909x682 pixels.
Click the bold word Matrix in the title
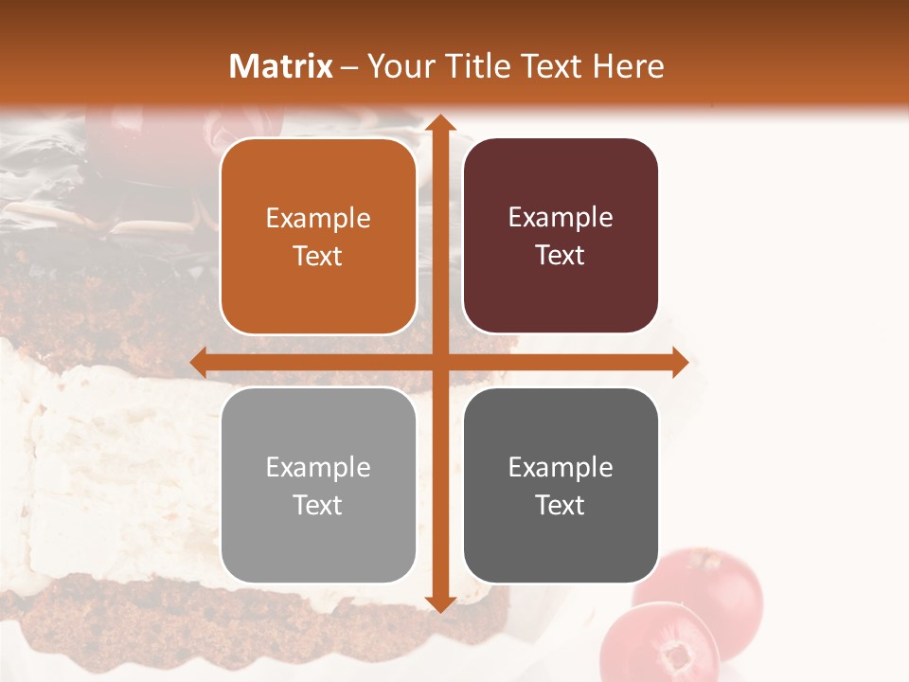pos(281,66)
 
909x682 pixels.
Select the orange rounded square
pos(318,237)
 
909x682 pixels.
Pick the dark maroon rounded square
pos(561,237)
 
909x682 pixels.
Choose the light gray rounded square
pos(318,485)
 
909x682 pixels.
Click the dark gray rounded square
pos(561,485)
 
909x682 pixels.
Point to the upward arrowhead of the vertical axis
pos(439,123)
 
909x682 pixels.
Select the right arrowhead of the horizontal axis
pos(679,362)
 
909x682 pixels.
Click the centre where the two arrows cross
pos(439,362)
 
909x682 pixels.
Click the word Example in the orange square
pos(318,219)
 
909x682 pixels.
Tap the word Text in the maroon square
pos(561,256)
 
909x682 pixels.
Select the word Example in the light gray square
pos(318,467)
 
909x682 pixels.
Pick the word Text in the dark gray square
pos(561,505)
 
